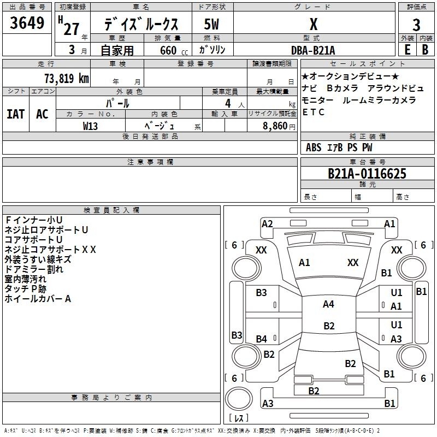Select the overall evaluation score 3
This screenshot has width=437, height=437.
(x=416, y=25)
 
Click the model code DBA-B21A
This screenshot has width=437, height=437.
(x=312, y=50)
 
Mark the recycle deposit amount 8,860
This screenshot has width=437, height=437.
(x=279, y=126)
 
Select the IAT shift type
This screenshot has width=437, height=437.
(x=15, y=114)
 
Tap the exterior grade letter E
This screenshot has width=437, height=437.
(x=407, y=50)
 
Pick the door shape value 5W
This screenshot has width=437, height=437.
(x=211, y=25)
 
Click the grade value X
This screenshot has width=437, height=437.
(x=313, y=25)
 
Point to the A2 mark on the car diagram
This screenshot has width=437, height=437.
(x=267, y=223)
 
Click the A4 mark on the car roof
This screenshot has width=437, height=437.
(x=328, y=304)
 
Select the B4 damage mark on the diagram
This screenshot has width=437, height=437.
(x=262, y=339)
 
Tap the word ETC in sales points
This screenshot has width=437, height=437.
(x=314, y=113)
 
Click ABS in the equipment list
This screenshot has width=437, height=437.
(x=314, y=147)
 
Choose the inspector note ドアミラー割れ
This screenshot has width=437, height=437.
(x=34, y=269)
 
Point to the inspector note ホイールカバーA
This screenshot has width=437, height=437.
(x=38, y=299)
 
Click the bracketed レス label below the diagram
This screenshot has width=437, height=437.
(x=239, y=419)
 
